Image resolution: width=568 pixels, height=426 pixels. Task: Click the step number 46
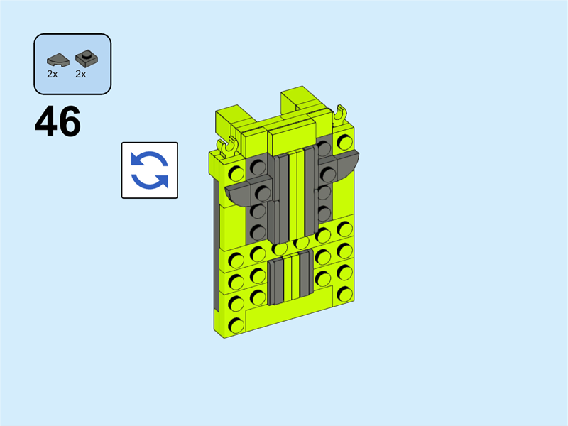pyautogui.click(x=58, y=121)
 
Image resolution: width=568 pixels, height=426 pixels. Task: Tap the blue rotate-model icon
pyautogui.click(x=150, y=170)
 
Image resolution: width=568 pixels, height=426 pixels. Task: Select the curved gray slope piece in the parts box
pyautogui.click(x=58, y=60)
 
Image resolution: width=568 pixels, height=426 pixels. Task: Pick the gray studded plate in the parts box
pyautogui.click(x=87, y=59)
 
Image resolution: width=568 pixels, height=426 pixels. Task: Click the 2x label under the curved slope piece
pyautogui.click(x=52, y=74)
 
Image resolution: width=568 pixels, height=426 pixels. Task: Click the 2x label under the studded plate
pyautogui.click(x=80, y=74)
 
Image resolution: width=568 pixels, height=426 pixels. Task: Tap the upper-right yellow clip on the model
pyautogui.click(x=340, y=115)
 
